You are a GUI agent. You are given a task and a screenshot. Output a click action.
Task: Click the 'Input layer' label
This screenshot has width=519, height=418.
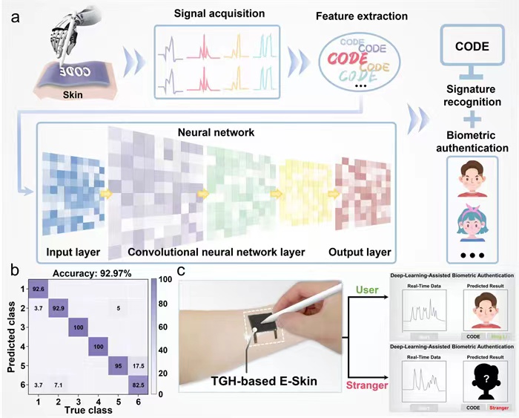pos(72,252)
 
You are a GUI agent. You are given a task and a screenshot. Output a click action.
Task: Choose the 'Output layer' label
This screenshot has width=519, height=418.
pos(361,252)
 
